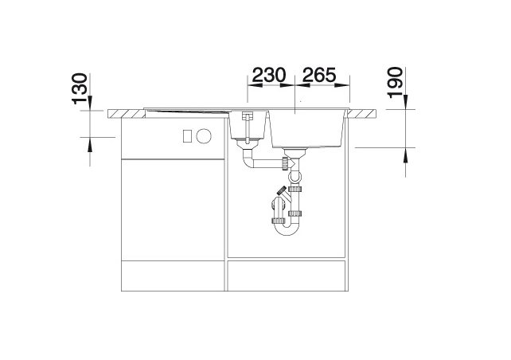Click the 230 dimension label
point(269,75)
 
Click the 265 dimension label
point(318,75)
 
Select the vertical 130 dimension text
point(80,88)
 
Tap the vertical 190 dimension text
point(395,83)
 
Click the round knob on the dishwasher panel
point(204,135)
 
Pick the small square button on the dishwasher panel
point(187,135)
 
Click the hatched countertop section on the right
point(361,113)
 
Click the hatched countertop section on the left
point(127,113)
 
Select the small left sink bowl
point(248,125)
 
